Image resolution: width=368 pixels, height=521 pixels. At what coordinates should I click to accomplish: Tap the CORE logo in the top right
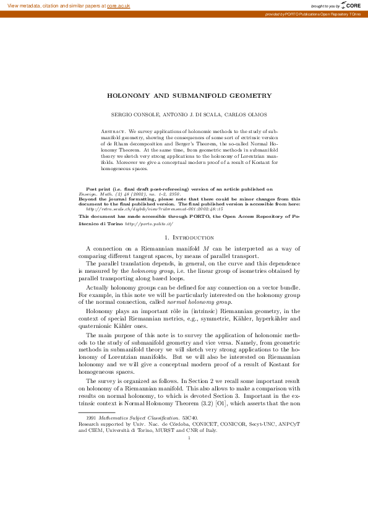click(x=350, y=6)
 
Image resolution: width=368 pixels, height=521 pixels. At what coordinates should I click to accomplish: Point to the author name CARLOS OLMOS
click(x=236, y=115)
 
